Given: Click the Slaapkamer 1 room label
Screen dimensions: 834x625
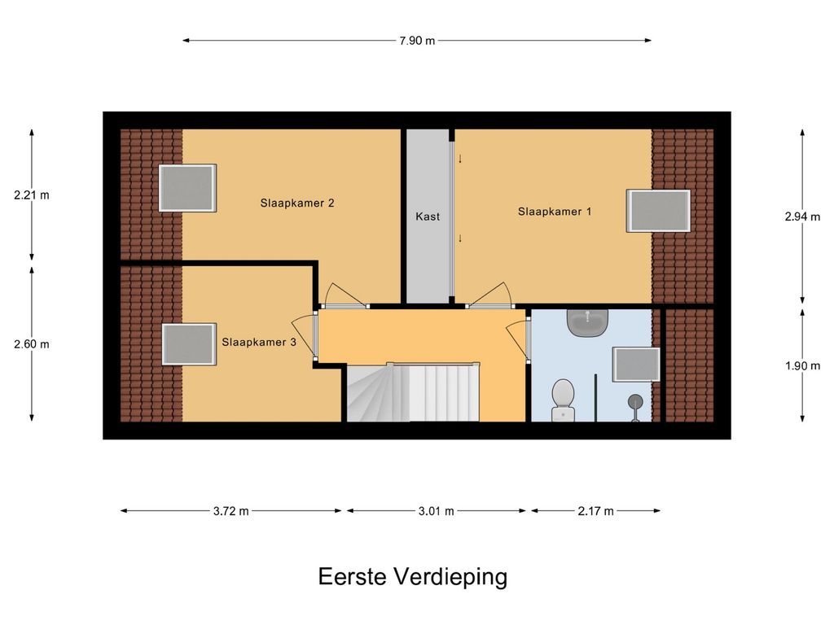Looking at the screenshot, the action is point(554,212).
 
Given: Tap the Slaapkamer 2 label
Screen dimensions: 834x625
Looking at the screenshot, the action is point(296,203).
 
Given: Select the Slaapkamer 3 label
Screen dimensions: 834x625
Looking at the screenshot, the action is point(258,343).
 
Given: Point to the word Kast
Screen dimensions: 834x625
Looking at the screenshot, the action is point(428,216).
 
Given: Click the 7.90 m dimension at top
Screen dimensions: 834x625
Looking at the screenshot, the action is point(417,41).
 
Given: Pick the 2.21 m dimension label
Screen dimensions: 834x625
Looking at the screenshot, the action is point(32,195).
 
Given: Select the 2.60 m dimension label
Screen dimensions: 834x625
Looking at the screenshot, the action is point(32,344).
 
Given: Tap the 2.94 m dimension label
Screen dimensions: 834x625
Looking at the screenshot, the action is point(802,216).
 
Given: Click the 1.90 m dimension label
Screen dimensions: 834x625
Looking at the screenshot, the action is point(802,366).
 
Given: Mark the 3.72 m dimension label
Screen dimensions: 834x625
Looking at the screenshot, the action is point(230,511).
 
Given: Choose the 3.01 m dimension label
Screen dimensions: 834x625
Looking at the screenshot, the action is point(437,511).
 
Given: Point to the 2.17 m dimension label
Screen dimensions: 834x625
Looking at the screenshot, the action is point(595,511).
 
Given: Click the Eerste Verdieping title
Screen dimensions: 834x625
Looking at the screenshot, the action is point(413,577).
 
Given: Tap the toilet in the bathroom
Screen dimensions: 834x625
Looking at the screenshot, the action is point(563,400).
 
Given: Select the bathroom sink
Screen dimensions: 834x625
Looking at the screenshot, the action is point(587,322).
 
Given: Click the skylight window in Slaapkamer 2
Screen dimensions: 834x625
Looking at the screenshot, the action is point(188,188).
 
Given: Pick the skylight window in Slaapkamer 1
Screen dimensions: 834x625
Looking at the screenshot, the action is point(658,211).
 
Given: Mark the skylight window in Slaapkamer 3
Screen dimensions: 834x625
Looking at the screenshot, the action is point(189,344).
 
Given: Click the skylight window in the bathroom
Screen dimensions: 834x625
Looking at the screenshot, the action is point(637,365).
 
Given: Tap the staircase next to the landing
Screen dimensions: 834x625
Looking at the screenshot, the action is point(414,392).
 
